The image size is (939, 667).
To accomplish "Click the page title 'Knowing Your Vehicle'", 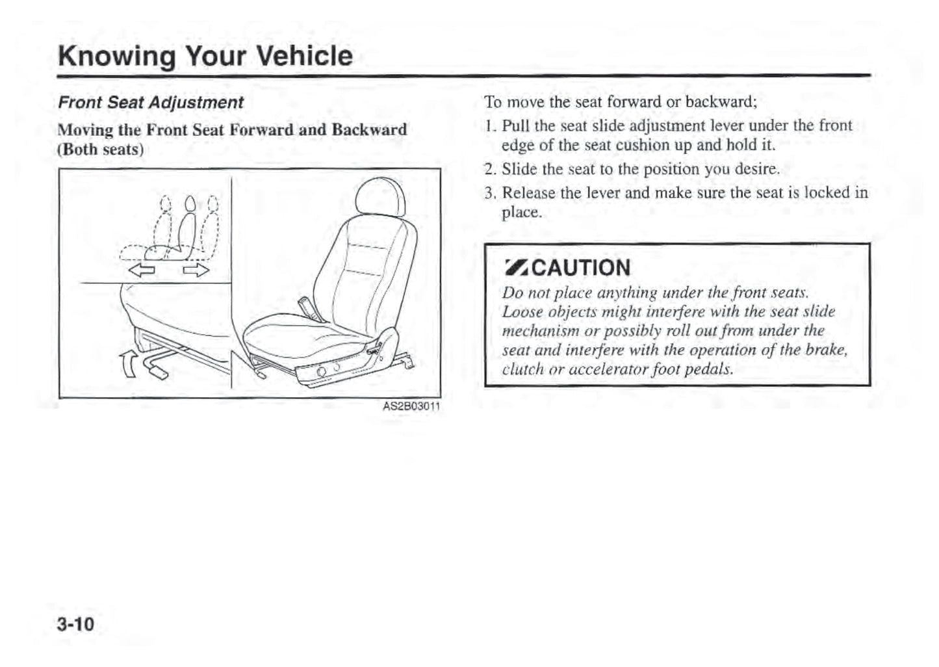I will [x=205, y=56].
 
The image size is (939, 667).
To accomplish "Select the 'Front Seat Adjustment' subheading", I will [x=151, y=103].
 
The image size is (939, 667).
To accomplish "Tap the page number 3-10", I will [x=75, y=625].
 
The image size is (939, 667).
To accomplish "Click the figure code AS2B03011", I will [x=411, y=407].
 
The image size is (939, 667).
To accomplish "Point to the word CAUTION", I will [x=581, y=268].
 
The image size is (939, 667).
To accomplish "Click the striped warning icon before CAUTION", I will [x=517, y=267].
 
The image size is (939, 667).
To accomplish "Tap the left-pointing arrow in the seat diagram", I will [x=141, y=268].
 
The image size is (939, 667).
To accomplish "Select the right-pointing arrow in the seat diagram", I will [x=196, y=268].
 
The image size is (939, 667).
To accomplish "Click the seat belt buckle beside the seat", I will [x=305, y=306].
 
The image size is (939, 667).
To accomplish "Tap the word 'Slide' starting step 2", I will [x=519, y=170].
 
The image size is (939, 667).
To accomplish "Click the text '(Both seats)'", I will [x=101, y=150].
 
